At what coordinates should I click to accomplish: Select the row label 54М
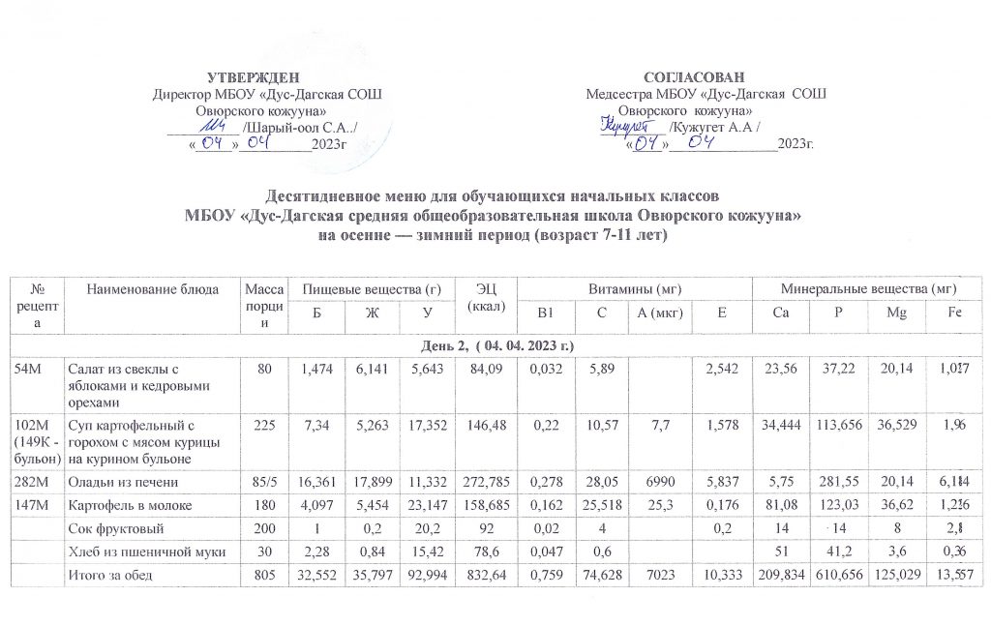click(27, 367)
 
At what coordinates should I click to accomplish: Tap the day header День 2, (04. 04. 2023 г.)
click(496, 346)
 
